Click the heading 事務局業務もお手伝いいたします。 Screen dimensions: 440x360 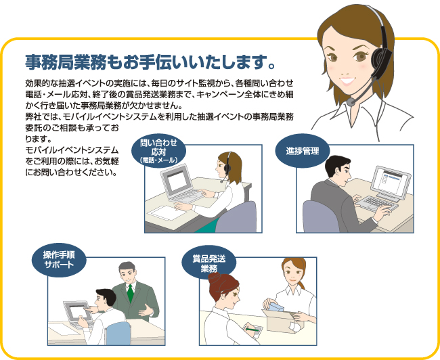(x=150, y=62)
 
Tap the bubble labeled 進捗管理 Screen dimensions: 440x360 (x=302, y=151)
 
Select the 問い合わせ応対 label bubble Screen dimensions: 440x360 (x=159, y=151)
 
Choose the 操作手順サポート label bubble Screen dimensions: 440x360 (x=59, y=260)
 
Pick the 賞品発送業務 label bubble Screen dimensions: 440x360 (x=209, y=263)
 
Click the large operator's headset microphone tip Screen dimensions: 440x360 (x=351, y=102)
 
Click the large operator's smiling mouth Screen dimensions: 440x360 (x=348, y=81)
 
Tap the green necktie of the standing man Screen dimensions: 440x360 (x=130, y=292)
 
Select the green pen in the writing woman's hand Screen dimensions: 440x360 (x=252, y=329)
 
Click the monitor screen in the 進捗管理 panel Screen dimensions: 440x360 (x=391, y=181)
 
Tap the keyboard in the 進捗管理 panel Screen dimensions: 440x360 (x=377, y=204)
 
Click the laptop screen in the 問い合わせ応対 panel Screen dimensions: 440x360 (x=177, y=180)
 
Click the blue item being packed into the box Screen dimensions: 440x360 (x=276, y=307)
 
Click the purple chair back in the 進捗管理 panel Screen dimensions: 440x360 (x=320, y=217)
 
